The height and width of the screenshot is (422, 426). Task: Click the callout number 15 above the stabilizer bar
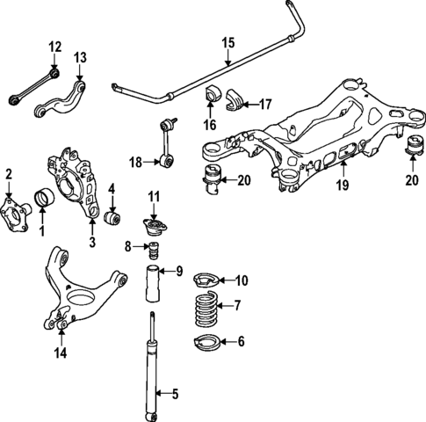228,41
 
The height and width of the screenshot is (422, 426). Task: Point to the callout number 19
343,186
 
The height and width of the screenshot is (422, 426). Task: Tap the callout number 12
54,46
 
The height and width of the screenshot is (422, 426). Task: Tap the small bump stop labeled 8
153,255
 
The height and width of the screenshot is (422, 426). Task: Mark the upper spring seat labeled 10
204,281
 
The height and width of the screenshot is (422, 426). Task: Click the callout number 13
81,57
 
